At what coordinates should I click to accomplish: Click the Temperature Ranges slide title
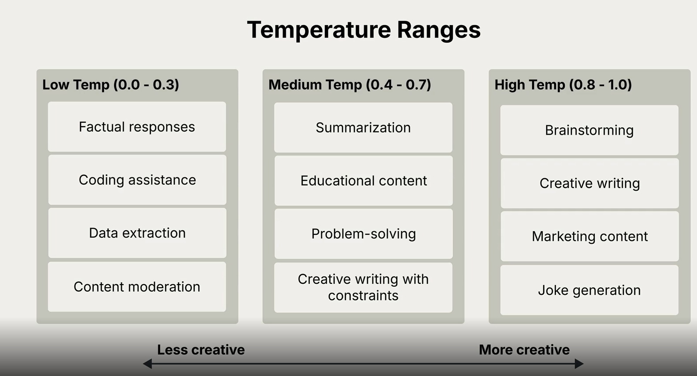364,30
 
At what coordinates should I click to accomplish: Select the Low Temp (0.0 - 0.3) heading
111,85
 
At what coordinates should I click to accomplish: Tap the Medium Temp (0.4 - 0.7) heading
350,85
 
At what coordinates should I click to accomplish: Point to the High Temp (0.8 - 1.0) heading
563,85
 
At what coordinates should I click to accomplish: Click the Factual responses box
137,127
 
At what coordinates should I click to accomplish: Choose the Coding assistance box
137,180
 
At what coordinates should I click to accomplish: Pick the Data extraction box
137,233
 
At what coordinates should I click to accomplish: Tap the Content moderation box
137,286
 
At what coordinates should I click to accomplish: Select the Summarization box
363,128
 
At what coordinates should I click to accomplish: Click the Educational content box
363,180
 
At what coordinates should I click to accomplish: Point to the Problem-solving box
363,233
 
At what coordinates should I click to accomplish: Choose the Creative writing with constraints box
363,288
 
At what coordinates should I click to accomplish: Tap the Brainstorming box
589,130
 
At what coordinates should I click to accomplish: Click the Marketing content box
589,236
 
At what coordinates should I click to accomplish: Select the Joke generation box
589,290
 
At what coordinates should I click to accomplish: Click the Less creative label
201,350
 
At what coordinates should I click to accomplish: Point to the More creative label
524,350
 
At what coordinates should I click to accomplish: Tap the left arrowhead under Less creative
147,364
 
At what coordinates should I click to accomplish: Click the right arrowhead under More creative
579,364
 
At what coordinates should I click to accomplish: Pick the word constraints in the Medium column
363,296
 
